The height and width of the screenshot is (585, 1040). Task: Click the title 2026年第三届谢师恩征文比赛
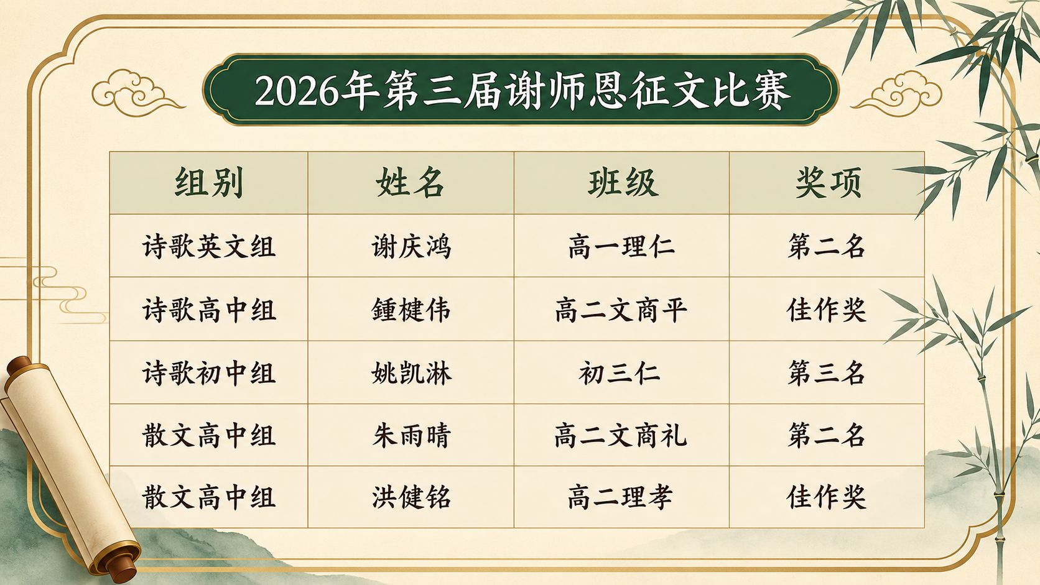tap(522, 91)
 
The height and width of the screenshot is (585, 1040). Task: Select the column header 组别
tap(209, 183)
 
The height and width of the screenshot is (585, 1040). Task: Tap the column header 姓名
tap(411, 183)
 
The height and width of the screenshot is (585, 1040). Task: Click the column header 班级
tap(622, 183)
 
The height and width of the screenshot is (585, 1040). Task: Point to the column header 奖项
tap(829, 183)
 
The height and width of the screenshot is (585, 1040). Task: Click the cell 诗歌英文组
tap(209, 246)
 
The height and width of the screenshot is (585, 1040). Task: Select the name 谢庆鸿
tap(411, 246)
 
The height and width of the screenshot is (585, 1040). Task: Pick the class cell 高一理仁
tap(621, 246)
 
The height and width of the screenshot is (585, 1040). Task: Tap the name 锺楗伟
tap(411, 310)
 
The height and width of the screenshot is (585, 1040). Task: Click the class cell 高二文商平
tap(621, 310)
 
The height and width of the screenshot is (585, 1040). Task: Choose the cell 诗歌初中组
tap(209, 374)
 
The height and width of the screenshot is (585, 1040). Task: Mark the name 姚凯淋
tap(411, 374)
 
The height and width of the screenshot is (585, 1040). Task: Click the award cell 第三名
tap(827, 374)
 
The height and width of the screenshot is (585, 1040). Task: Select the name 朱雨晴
tap(411, 436)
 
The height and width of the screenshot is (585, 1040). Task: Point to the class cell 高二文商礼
tap(621, 436)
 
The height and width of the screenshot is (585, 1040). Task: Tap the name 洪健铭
tap(411, 497)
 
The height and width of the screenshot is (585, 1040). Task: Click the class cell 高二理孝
tap(620, 497)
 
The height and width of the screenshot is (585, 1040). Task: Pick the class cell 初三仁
tap(620, 374)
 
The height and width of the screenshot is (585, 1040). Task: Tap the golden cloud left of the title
tap(134, 93)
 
